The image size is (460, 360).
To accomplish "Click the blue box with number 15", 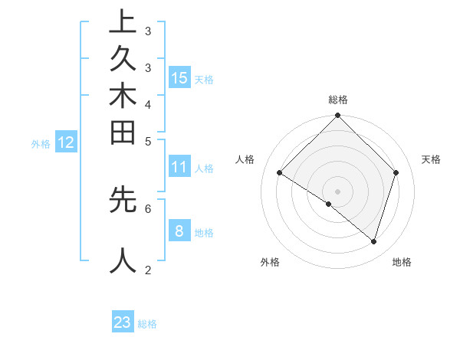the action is (179, 77).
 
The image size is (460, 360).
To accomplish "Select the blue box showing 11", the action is (179, 167).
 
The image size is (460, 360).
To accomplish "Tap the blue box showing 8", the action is (179, 231).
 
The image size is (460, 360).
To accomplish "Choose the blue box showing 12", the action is (66, 142).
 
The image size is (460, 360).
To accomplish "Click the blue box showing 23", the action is (123, 322).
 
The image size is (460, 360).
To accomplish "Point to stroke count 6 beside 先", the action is (148, 208).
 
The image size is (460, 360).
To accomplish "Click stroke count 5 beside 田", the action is (148, 141).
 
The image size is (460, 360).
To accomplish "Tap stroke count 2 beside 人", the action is (148, 270).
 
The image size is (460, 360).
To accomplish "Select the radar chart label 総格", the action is (338, 100).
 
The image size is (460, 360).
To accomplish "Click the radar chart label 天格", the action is (431, 159).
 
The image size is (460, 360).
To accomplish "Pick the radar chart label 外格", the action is (269, 263).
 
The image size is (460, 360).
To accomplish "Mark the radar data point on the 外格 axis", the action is (329, 205).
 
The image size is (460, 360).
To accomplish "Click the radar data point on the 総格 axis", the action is (338, 116).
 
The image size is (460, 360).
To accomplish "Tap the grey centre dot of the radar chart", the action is (338, 191).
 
